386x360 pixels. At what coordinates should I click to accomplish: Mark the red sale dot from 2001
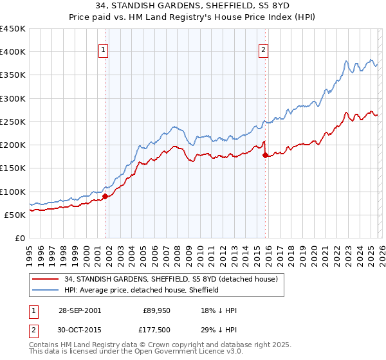[x=105, y=196]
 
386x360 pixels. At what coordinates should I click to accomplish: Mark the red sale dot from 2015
[x=265, y=155]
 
